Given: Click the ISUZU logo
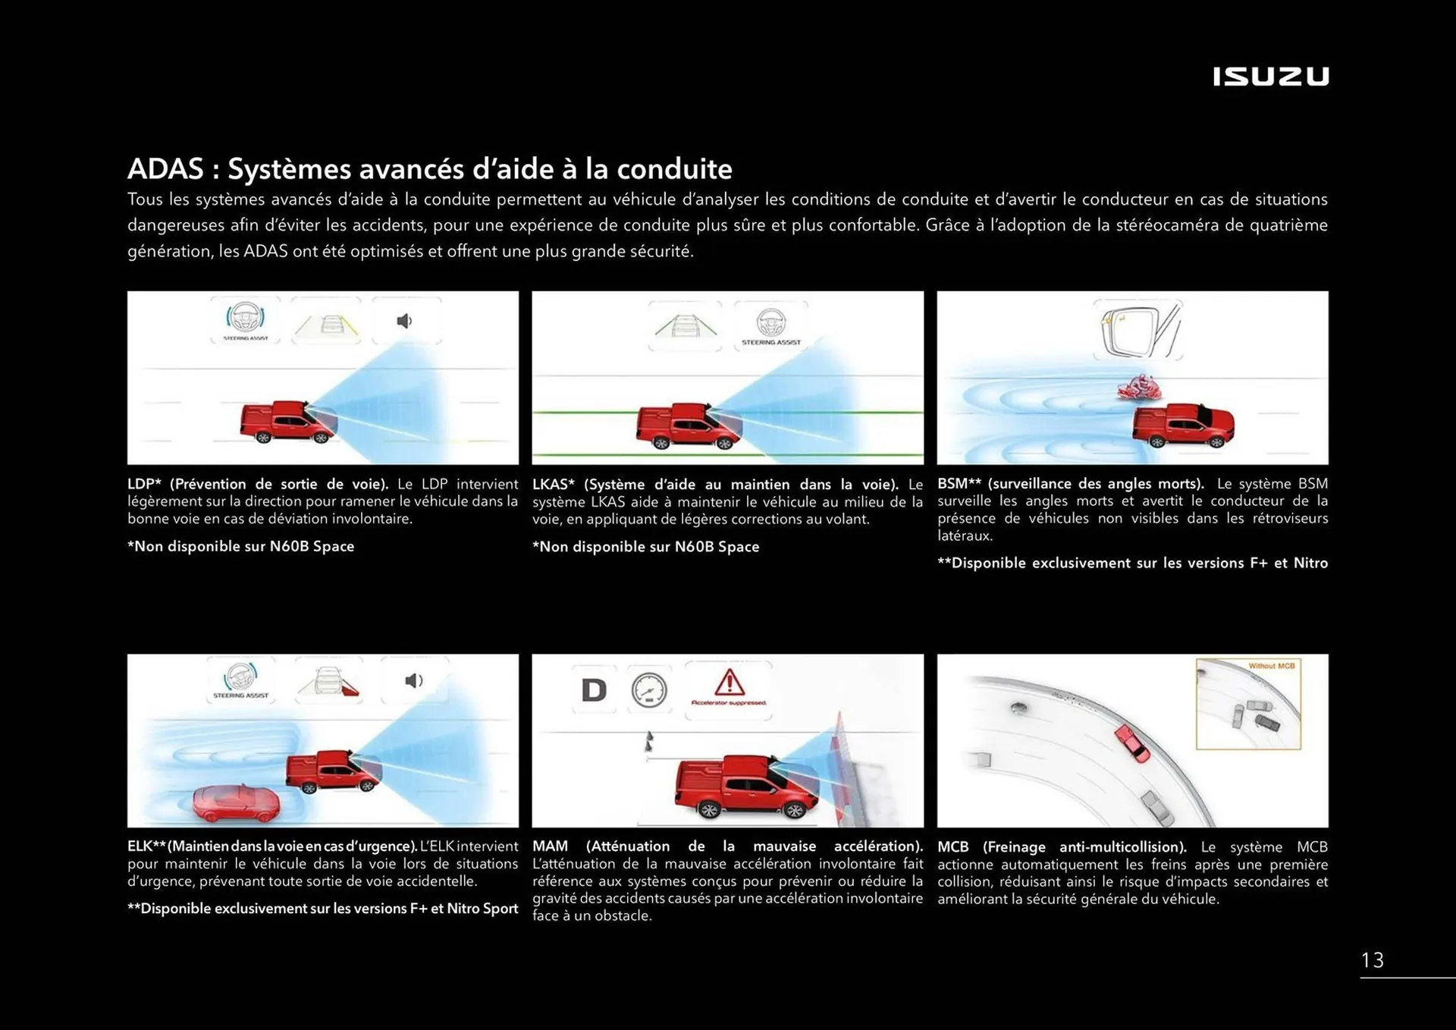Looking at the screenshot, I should point(1270,77).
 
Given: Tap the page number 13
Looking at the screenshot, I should point(1372,960).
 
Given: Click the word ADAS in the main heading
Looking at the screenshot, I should point(165,168).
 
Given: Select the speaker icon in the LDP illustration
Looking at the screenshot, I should point(405,321).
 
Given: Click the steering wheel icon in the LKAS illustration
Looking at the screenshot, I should point(770,323).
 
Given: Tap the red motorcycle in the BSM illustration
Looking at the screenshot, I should point(1139,388).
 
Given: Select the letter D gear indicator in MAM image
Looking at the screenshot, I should point(594,690).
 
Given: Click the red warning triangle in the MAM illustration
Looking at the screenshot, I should point(729,683).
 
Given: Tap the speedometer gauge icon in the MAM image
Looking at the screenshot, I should point(649,690).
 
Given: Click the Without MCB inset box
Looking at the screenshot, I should point(1247,704).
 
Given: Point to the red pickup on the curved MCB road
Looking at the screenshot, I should point(1132,743).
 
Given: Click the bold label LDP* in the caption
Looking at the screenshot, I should point(144,484).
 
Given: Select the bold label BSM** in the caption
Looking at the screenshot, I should point(959,484).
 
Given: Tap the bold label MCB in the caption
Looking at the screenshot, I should point(952,846).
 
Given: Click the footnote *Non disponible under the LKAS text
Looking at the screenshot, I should point(645,547).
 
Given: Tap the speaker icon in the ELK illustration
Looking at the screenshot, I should point(413,681).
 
